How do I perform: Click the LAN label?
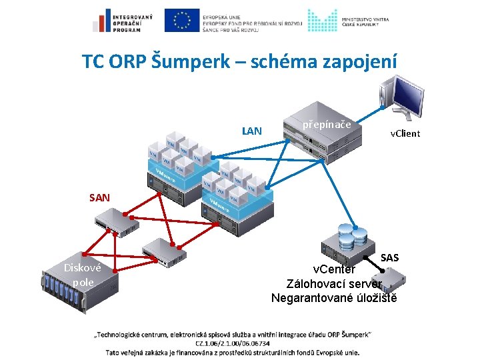(x=252, y=131)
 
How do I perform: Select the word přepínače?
(x=327, y=125)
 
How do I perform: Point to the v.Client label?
(x=405, y=134)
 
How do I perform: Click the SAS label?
(x=390, y=257)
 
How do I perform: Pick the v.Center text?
(x=335, y=269)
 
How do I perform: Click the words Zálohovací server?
(x=335, y=283)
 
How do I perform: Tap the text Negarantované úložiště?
(x=334, y=297)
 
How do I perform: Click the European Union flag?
(x=181, y=21)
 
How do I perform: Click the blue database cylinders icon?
(x=353, y=235)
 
